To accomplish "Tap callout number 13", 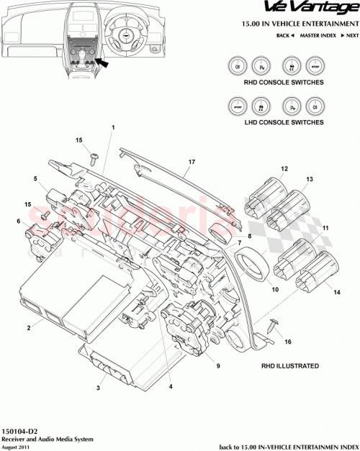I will click(310, 178).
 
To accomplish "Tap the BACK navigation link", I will click(285, 35).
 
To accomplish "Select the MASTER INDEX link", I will click(320, 35).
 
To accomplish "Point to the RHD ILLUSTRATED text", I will click(290, 366).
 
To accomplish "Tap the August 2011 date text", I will click(16, 445).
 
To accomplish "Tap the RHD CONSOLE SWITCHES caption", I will click(275, 83).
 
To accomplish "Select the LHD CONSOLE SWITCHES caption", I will click(275, 122).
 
